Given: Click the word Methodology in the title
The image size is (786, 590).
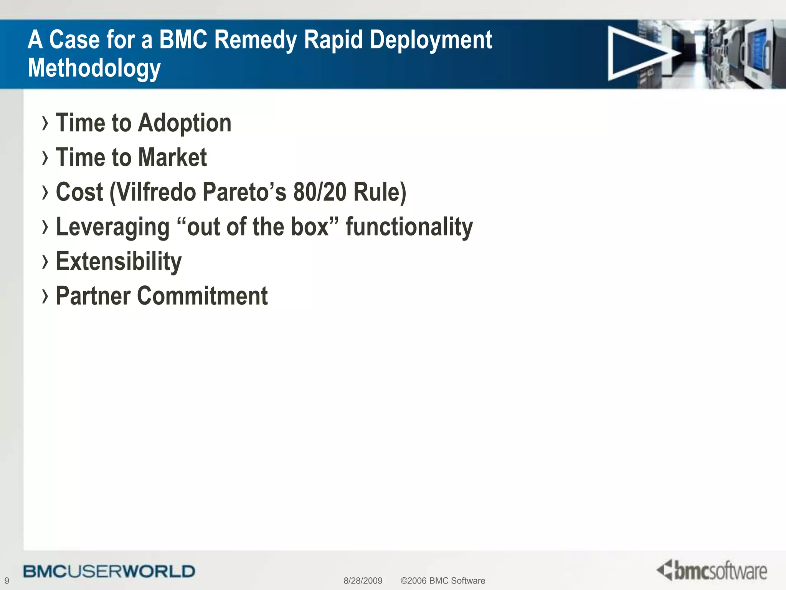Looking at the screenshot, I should (94, 68).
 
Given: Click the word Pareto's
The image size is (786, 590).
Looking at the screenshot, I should (244, 192).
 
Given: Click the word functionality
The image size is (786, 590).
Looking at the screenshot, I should (409, 227).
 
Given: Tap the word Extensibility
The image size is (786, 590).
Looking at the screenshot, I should (119, 262).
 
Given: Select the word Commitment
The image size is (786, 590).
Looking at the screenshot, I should (202, 296).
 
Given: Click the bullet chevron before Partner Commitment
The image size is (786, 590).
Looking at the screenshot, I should (45, 296).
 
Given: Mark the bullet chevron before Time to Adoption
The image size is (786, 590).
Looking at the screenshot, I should (45, 123).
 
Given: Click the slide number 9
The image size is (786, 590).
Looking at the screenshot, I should (7, 580).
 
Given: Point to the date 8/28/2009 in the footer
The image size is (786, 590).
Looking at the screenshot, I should (363, 580).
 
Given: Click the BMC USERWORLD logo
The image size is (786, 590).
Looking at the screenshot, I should (109, 571).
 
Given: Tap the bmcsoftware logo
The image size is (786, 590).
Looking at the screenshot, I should (712, 570).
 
